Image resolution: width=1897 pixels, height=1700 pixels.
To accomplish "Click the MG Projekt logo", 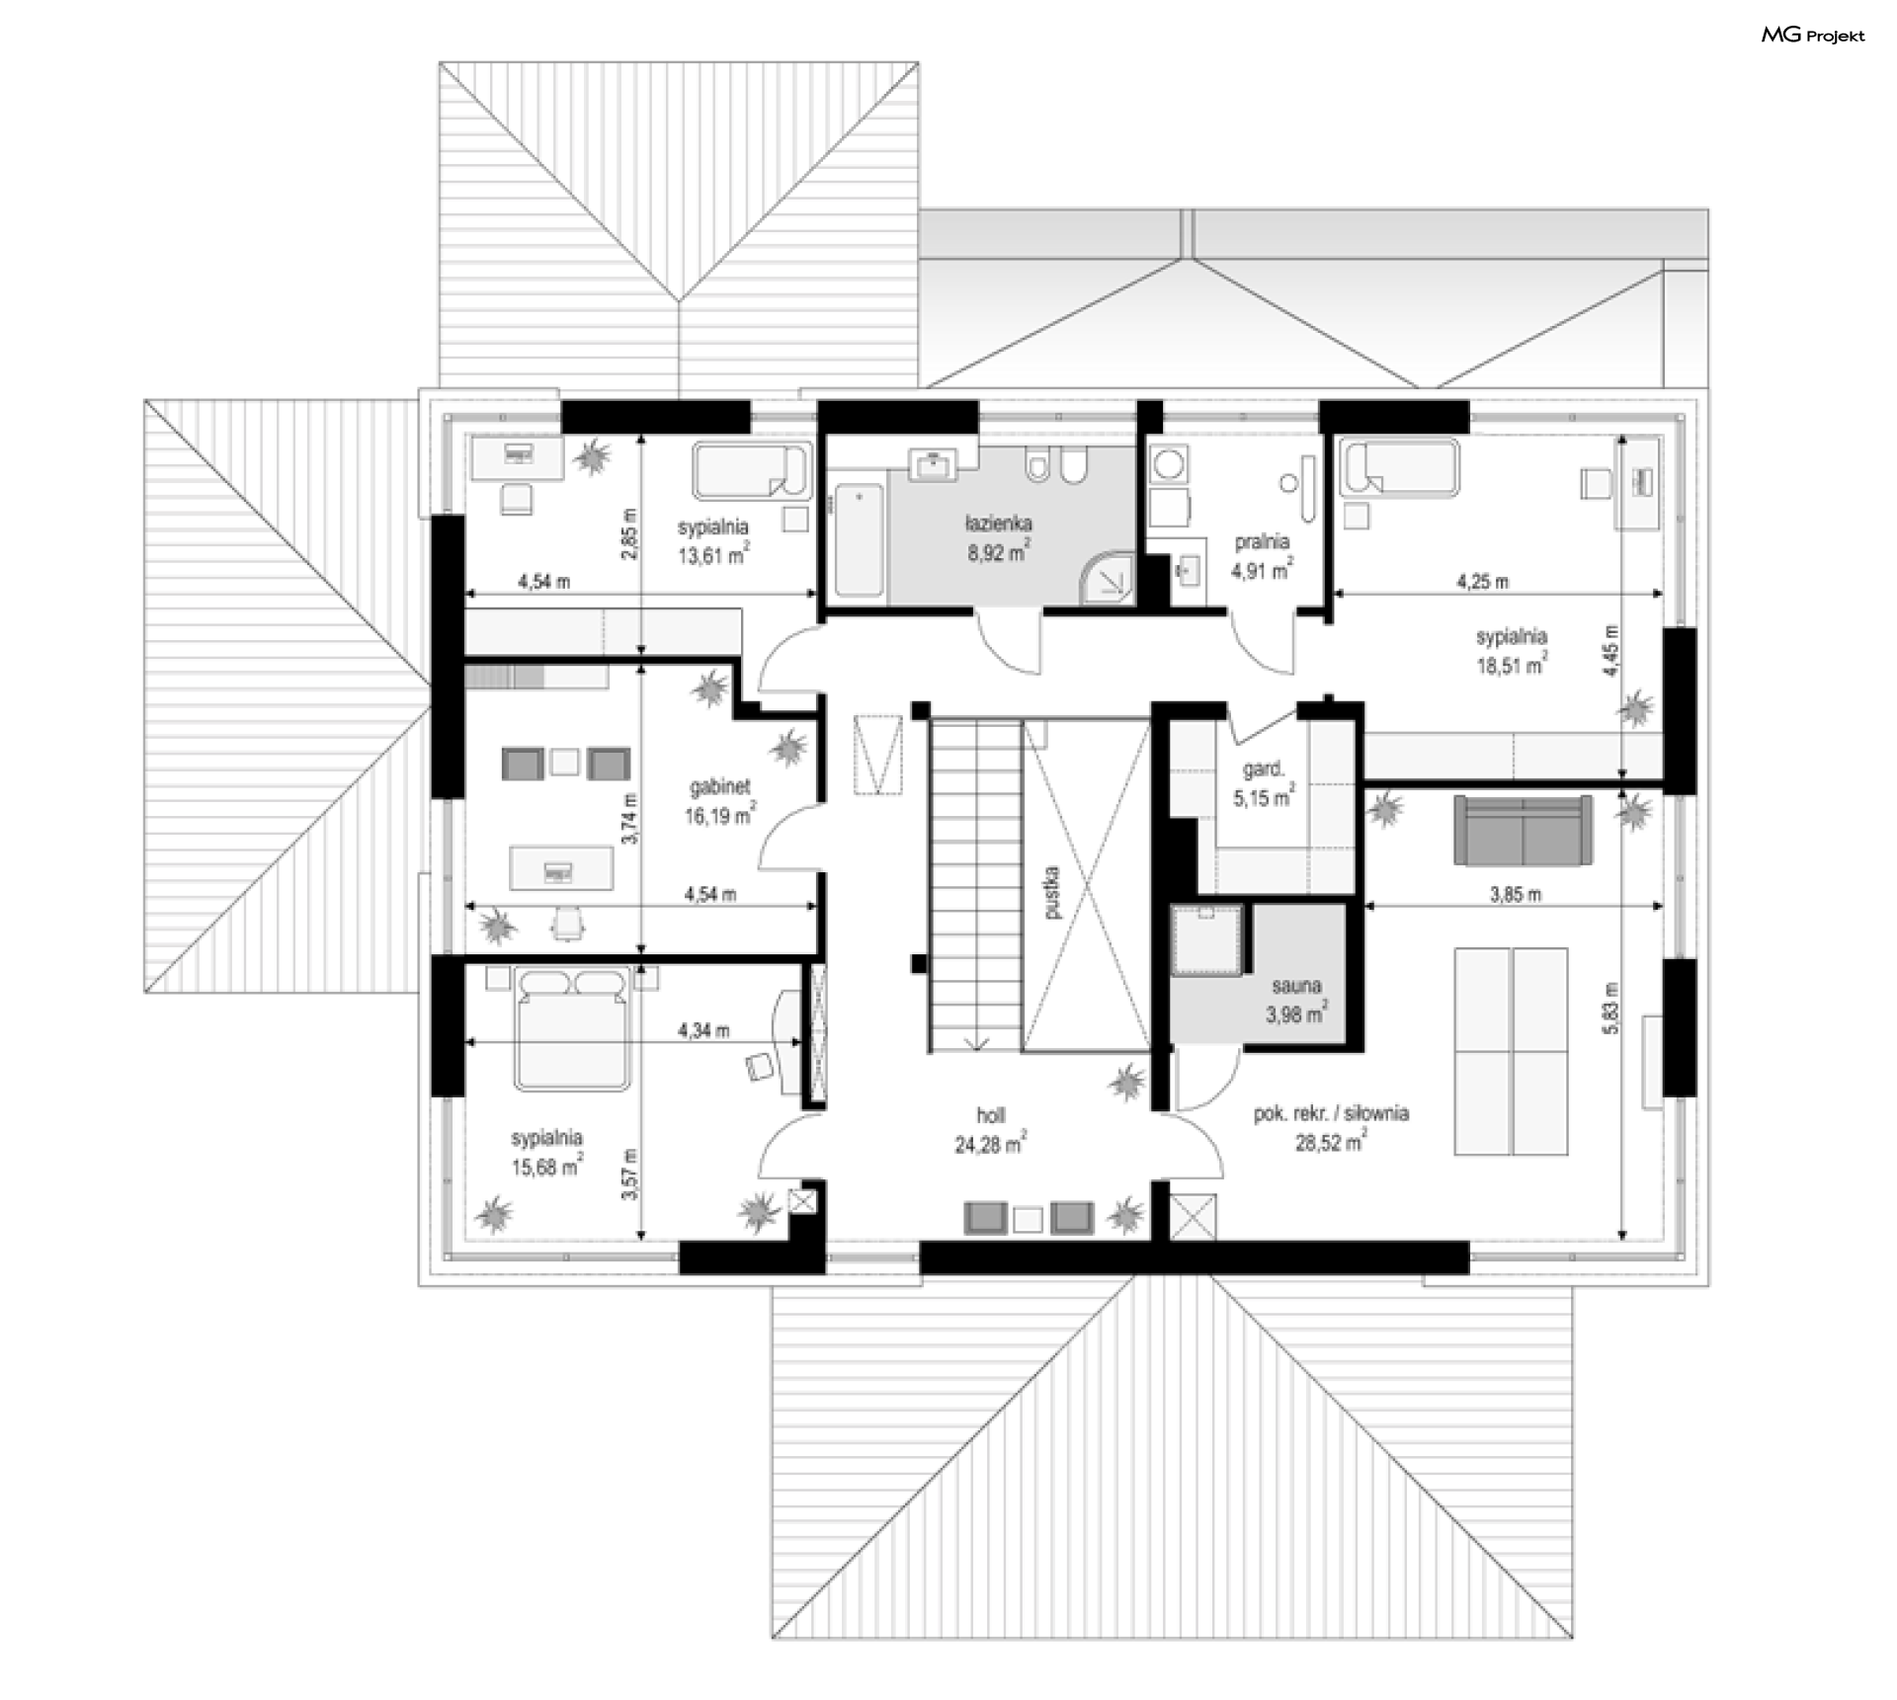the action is [1813, 36].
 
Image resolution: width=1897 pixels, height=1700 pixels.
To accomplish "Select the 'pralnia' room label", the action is [1262, 541].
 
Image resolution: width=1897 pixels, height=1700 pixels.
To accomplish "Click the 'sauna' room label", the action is [1295, 986].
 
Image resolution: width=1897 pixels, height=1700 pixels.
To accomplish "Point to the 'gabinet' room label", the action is [720, 787].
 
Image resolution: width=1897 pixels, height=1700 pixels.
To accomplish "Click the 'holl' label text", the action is [990, 1115].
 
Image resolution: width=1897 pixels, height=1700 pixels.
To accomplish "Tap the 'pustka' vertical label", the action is [1051, 892].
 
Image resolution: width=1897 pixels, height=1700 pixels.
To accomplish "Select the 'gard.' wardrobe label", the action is [1264, 769].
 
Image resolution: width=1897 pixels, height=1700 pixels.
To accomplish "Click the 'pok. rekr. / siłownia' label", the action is [1331, 1113].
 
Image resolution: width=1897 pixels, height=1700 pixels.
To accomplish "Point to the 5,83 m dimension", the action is [1611, 1009].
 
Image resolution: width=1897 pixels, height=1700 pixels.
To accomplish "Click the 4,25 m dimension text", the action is [1483, 582].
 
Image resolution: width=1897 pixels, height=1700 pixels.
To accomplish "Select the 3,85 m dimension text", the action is [1515, 895].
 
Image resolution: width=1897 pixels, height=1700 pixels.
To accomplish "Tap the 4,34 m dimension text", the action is [703, 1031].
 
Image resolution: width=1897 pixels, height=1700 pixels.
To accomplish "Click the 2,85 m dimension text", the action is [631, 533].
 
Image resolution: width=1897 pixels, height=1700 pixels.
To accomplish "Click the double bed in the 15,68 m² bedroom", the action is [571, 1029].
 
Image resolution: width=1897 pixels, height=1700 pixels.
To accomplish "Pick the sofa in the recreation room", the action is [1523, 831].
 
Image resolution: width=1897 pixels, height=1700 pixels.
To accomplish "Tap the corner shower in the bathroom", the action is [1109, 578].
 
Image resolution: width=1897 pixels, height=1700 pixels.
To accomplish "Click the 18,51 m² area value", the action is [1512, 666].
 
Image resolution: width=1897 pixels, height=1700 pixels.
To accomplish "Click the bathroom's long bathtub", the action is [859, 540].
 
